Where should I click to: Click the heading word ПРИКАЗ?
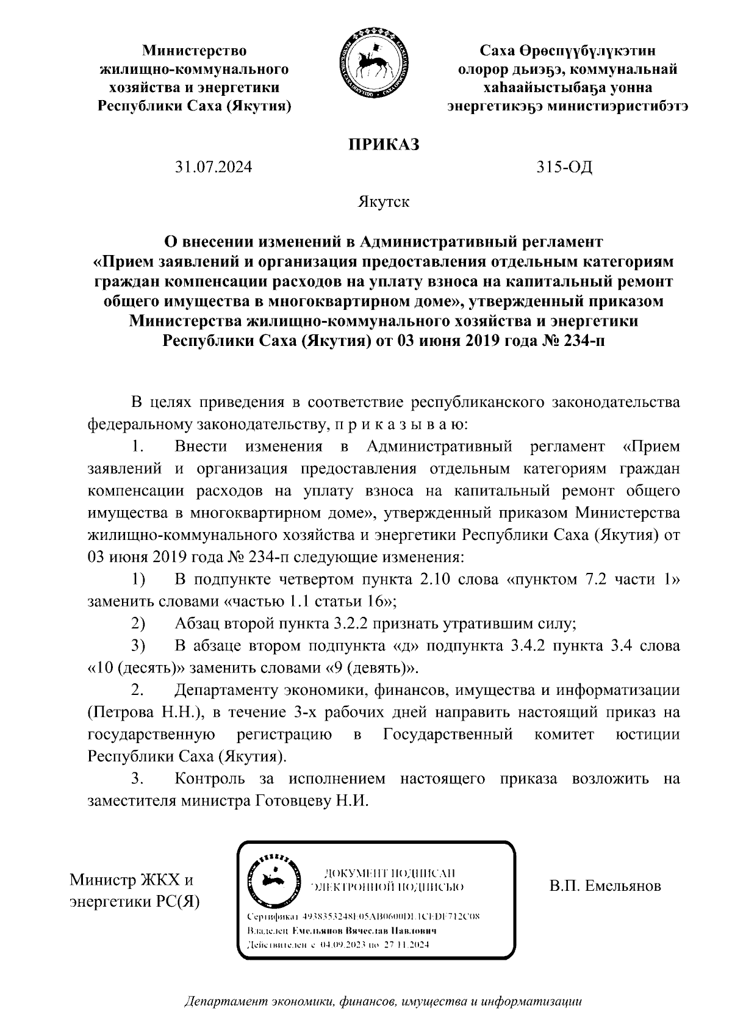[x=384, y=145]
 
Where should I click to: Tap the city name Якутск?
[x=384, y=202]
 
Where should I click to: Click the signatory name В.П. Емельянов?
[x=605, y=885]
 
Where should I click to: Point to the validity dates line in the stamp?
[x=337, y=945]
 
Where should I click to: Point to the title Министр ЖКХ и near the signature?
[x=132, y=880]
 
